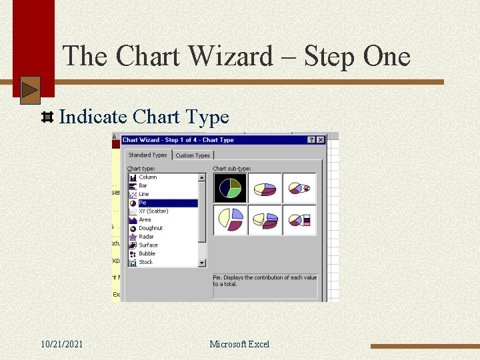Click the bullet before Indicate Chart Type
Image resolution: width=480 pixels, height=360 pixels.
(47, 118)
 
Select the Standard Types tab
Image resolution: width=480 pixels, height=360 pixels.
(147, 155)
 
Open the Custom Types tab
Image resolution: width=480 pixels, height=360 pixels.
(193, 155)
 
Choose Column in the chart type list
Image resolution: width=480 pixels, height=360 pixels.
(147, 177)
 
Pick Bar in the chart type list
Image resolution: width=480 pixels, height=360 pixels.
(143, 186)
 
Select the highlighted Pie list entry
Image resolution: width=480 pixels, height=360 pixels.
(143, 203)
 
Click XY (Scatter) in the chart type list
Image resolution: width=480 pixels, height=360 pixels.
(153, 211)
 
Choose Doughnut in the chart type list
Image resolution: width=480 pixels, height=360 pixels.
(150, 228)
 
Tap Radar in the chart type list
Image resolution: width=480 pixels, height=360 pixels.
(146, 237)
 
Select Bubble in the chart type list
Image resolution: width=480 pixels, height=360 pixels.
(147, 253)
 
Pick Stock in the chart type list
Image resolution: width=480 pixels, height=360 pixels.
(145, 262)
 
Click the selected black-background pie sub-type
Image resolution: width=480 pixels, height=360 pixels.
(230, 189)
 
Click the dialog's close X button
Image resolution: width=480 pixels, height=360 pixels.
(320, 140)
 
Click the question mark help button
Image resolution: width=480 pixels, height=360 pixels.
(311, 140)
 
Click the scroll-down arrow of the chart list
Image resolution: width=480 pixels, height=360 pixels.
(203, 263)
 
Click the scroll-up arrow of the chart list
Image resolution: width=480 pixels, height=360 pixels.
(203, 178)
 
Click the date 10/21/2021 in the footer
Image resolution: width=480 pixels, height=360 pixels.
(61, 344)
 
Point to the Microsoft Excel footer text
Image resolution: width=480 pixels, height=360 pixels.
(239, 344)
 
